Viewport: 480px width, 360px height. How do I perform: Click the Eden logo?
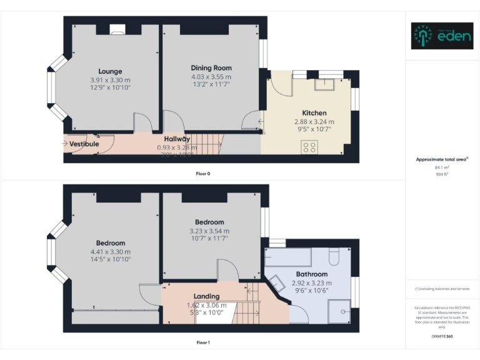(x=442, y=36)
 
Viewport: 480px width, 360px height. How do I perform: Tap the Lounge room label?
(x=110, y=71)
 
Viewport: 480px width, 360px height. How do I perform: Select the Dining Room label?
(x=211, y=68)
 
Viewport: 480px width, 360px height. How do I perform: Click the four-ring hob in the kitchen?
(x=309, y=147)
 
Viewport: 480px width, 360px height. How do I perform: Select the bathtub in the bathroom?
(x=288, y=256)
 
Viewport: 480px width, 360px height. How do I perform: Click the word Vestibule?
(x=84, y=144)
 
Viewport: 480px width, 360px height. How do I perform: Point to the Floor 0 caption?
(x=203, y=173)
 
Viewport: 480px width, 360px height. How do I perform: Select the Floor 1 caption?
(x=203, y=342)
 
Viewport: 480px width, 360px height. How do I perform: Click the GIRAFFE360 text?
(x=442, y=337)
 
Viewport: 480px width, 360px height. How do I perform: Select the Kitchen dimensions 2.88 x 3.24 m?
(x=314, y=121)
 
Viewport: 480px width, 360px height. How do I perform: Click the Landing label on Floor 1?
(x=206, y=296)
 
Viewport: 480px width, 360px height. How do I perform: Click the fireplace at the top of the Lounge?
(x=117, y=28)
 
